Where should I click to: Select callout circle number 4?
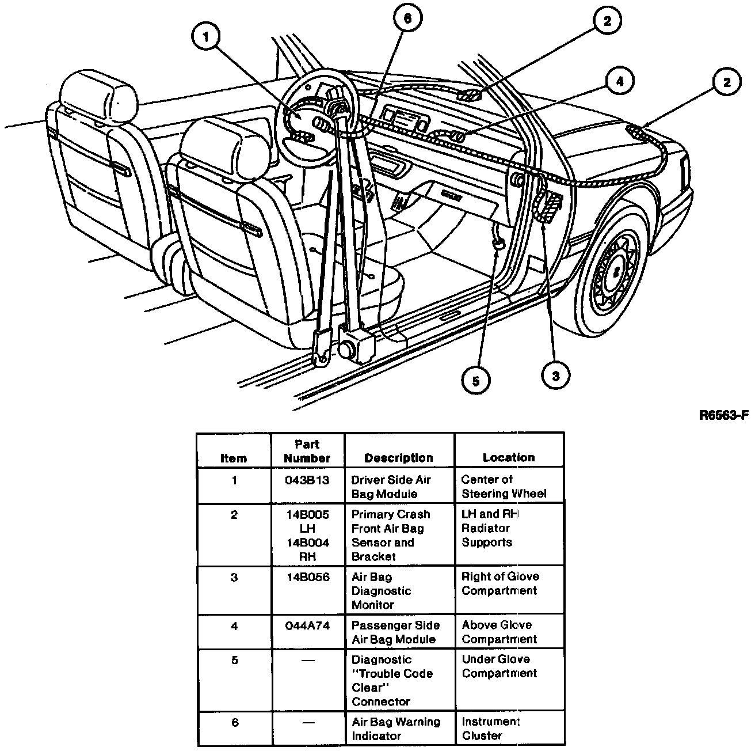[x=619, y=82]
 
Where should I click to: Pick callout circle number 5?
[x=475, y=380]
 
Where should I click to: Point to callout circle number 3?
[x=555, y=375]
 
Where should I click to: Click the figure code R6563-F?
[x=723, y=415]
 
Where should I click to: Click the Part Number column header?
[x=307, y=452]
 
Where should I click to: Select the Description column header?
[x=398, y=458]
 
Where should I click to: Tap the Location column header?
[x=509, y=458]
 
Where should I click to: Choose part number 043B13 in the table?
[x=307, y=480]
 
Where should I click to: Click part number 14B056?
[x=307, y=577]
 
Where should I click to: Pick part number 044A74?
[x=307, y=625]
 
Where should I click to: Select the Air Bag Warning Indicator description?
[x=395, y=729]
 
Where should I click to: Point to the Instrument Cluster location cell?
[x=490, y=729]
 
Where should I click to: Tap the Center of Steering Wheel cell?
[x=504, y=487]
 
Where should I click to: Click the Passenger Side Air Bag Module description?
[x=395, y=632]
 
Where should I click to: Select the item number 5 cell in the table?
[x=234, y=660]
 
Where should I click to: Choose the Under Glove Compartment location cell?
[x=499, y=666]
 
